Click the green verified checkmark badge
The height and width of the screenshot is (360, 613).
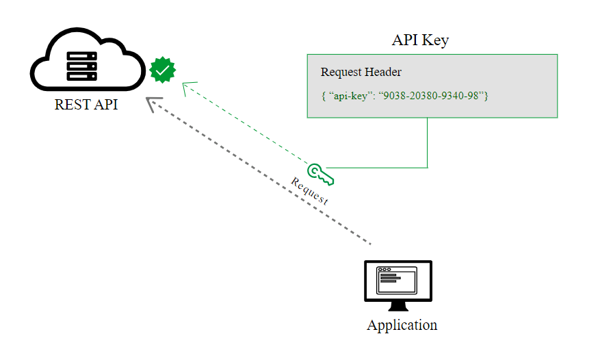click(x=163, y=69)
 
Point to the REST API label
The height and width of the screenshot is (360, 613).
click(x=86, y=105)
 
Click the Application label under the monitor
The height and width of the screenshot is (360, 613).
click(x=402, y=325)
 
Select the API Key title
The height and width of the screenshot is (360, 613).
click(x=420, y=40)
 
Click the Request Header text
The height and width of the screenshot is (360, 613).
click(x=361, y=73)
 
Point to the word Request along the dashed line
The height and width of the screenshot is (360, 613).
click(x=309, y=192)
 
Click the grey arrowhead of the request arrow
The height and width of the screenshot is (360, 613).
click(x=152, y=103)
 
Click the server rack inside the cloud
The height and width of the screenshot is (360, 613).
click(x=82, y=65)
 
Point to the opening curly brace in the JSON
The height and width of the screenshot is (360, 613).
click(x=323, y=96)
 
